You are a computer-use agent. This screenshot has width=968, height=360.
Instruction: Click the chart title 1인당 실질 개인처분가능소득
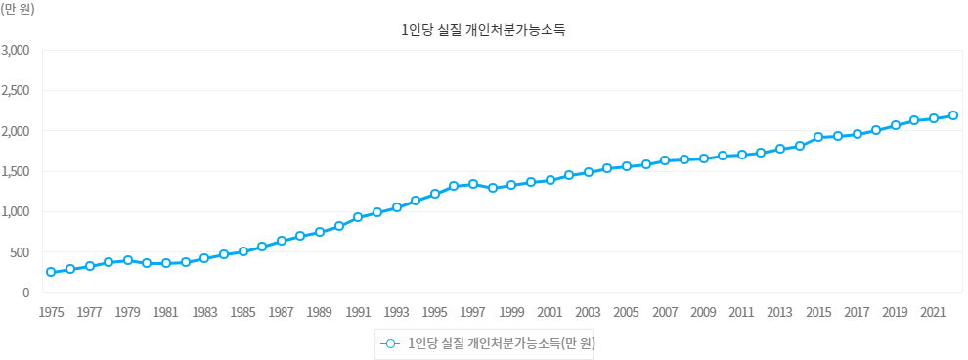click(x=483, y=30)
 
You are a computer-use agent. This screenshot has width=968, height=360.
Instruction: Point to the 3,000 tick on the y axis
click(x=19, y=50)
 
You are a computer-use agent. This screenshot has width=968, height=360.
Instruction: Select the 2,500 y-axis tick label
click(x=19, y=91)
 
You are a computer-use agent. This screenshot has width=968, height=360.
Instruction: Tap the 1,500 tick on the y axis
click(x=19, y=171)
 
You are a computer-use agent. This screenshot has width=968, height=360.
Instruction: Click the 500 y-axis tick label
click(x=23, y=252)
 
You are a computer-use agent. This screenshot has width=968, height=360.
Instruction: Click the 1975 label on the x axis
click(x=51, y=313)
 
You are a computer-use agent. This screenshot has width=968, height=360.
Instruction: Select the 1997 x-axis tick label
click(x=473, y=313)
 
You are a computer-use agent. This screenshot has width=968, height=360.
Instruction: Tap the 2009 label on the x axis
click(x=703, y=313)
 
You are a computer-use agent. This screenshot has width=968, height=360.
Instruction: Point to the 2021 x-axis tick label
click(x=934, y=313)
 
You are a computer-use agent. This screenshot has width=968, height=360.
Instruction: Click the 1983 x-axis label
click(x=204, y=313)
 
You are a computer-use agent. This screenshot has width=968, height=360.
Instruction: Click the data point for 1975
click(x=51, y=272)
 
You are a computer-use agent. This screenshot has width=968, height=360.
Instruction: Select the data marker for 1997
click(x=473, y=184)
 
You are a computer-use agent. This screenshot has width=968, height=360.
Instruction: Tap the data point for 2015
click(x=818, y=137)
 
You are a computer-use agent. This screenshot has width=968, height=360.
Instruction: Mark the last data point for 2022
click(x=953, y=115)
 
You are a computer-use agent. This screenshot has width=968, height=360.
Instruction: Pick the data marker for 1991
click(x=358, y=217)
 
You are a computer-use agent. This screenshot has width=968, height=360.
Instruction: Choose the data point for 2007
click(x=665, y=160)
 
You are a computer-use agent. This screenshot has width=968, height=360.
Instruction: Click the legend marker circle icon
click(x=390, y=344)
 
